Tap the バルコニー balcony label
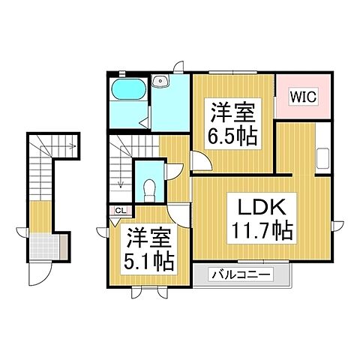point(241,274)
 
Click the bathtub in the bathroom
point(130,91)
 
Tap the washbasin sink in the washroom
point(159,82)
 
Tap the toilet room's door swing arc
point(172,171)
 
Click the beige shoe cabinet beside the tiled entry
point(63,245)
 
